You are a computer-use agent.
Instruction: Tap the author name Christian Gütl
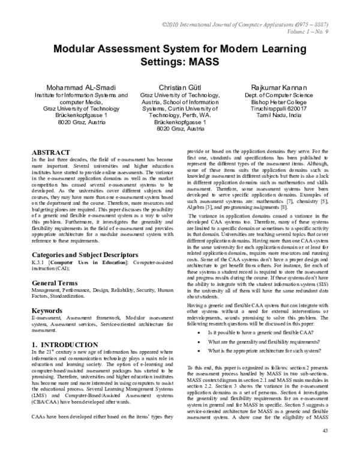181,88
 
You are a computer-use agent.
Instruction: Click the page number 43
326,448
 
